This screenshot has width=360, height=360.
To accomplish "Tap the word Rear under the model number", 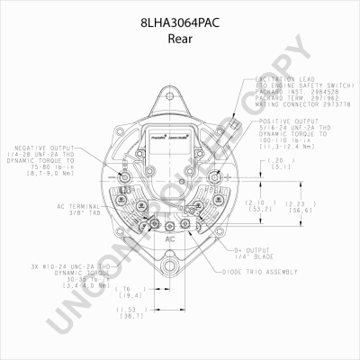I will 180,28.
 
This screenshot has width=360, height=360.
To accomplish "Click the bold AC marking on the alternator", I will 171,241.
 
